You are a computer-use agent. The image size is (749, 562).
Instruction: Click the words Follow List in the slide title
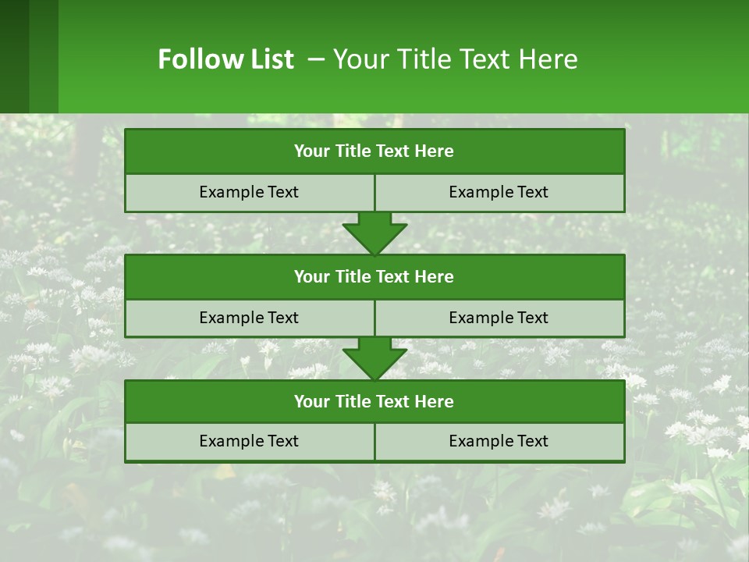[x=225, y=59]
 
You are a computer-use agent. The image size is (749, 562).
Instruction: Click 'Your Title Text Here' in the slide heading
[x=455, y=59]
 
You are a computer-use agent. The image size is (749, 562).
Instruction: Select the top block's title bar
[x=374, y=151]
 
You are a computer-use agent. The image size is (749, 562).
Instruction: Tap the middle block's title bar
[x=374, y=277]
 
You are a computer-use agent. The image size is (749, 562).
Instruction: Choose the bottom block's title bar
[x=374, y=402]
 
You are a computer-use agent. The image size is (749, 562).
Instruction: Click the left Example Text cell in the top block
[x=249, y=193]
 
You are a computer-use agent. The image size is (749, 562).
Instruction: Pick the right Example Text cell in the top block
[x=499, y=193]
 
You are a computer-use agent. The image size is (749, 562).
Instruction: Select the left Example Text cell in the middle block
[x=249, y=318]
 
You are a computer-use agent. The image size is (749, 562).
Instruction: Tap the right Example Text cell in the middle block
[x=499, y=318]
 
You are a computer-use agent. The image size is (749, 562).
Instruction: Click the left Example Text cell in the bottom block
[x=249, y=442]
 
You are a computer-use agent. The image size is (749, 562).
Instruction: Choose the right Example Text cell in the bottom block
[x=499, y=442]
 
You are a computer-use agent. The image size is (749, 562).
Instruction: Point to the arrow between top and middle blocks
[x=374, y=233]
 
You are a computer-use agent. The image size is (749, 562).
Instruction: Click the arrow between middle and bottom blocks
[x=374, y=358]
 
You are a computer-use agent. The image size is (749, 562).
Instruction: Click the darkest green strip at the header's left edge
[x=14, y=56]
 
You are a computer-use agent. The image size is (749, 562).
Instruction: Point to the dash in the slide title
[x=316, y=59]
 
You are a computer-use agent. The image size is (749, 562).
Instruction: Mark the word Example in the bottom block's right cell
[x=477, y=442]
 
